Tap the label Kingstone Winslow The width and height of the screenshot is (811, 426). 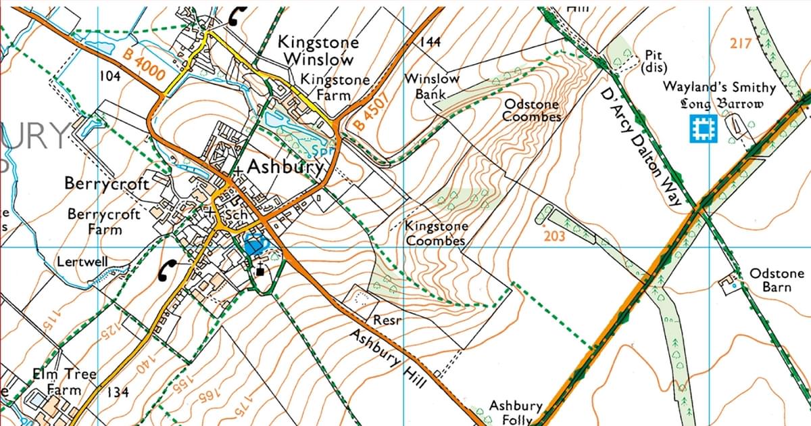click(x=319, y=51)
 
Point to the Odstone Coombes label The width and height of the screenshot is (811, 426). click(x=532, y=111)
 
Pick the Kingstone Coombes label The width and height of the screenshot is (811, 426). click(x=435, y=234)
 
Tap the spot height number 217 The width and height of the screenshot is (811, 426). click(x=741, y=44)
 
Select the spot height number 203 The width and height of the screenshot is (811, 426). click(x=554, y=236)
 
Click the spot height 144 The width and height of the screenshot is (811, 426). click(x=430, y=42)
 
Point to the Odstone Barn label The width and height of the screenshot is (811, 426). click(x=777, y=280)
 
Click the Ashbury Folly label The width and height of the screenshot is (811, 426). click(x=516, y=412)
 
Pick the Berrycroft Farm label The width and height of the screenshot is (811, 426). click(x=104, y=222)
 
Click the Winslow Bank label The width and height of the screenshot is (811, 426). click(x=432, y=86)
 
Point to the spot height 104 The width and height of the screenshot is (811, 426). click(x=109, y=76)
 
